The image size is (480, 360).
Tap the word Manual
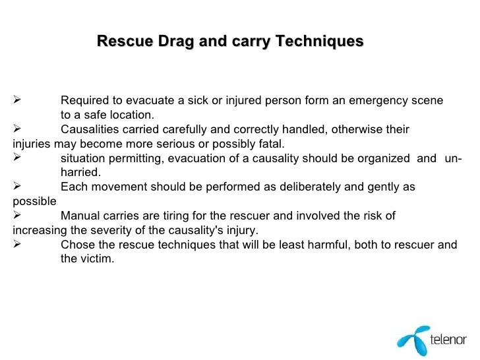(x=78, y=216)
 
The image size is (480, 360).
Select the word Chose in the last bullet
(x=76, y=245)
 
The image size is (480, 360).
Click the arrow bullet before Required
(x=18, y=101)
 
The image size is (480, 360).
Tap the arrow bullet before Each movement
(x=18, y=187)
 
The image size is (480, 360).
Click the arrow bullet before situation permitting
(x=18, y=158)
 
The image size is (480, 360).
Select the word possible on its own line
(x=34, y=202)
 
